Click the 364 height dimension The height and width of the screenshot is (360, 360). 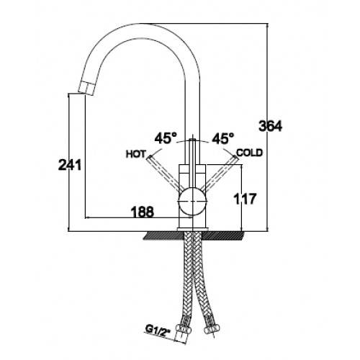271,126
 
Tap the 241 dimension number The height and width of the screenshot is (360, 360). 70,165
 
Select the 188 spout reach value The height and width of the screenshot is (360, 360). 143,212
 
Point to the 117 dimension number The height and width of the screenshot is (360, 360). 245,199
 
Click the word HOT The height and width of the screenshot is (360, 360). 136,154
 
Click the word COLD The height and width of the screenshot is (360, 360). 250,153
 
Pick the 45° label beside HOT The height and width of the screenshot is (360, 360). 166,138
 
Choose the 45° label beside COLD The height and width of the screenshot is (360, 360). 222,138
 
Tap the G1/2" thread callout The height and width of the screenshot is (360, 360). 158,330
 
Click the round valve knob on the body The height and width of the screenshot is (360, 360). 192,201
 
